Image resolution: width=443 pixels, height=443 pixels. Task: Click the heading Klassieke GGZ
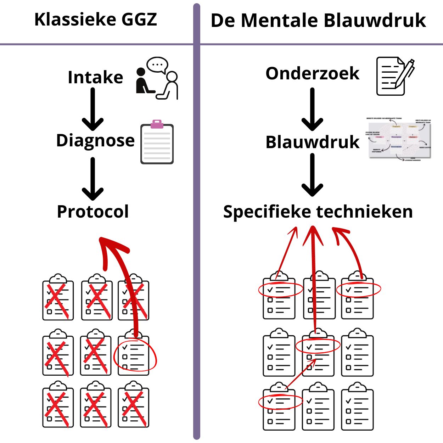pos(96,19)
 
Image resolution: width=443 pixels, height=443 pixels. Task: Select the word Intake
pos(95,77)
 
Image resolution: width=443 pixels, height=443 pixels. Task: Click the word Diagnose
pos(95,140)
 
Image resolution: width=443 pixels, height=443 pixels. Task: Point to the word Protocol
pos(93,212)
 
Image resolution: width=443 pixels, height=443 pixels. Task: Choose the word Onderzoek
pos(312,73)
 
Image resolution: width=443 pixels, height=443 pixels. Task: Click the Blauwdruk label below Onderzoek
pos(312,142)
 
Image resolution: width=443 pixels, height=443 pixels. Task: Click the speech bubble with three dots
pos(157,65)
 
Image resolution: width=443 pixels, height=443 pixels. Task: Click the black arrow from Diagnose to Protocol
pos(93,179)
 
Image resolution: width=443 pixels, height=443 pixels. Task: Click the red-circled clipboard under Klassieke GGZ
pos(134,354)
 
